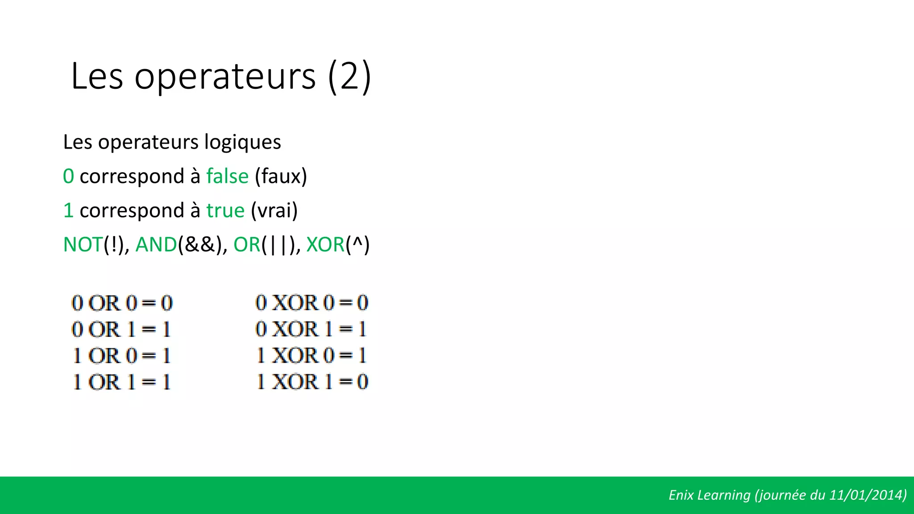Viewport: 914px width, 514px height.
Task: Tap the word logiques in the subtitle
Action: coord(242,142)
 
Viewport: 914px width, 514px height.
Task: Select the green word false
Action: coord(227,176)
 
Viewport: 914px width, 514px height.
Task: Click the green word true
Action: coord(225,211)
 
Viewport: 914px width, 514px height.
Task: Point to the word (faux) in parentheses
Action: coord(281,176)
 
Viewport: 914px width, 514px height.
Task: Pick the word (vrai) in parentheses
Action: coord(274,211)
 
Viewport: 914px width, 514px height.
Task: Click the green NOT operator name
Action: coord(83,245)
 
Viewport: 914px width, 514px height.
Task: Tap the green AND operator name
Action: coord(156,245)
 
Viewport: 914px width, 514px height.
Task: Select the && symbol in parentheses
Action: coord(200,245)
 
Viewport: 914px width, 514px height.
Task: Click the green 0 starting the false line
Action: coord(68,176)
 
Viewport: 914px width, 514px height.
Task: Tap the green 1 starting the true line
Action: coord(68,211)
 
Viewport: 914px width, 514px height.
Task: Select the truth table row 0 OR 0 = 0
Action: coord(122,303)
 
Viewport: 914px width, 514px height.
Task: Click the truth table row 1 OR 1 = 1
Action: coord(122,382)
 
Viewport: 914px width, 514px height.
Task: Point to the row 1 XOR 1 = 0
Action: coord(312,382)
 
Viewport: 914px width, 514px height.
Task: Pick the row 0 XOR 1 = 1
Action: coord(311,329)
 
